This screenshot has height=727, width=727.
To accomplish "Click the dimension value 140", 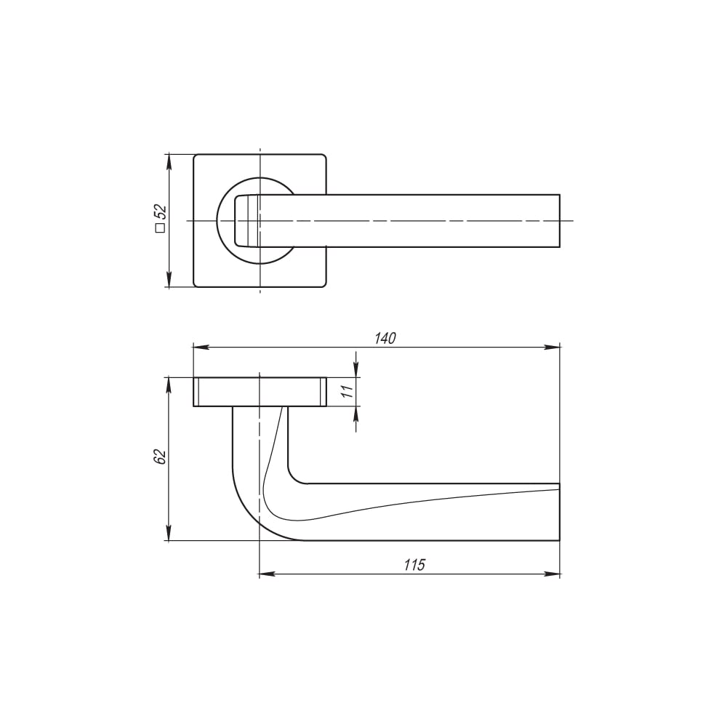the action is click(x=385, y=339).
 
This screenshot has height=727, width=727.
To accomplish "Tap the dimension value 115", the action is click(x=414, y=565).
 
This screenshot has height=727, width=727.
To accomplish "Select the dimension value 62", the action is click(x=160, y=457).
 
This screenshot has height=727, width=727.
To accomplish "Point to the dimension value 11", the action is click(x=348, y=391).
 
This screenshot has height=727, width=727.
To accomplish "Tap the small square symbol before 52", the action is click(x=161, y=228).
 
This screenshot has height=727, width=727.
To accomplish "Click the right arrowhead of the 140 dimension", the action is click(x=553, y=347).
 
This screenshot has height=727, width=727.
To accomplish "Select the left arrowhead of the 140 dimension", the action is click(x=201, y=347).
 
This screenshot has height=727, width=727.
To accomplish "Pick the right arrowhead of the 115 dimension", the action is click(x=553, y=575).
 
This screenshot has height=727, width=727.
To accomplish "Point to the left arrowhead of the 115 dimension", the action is click(x=268, y=575).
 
